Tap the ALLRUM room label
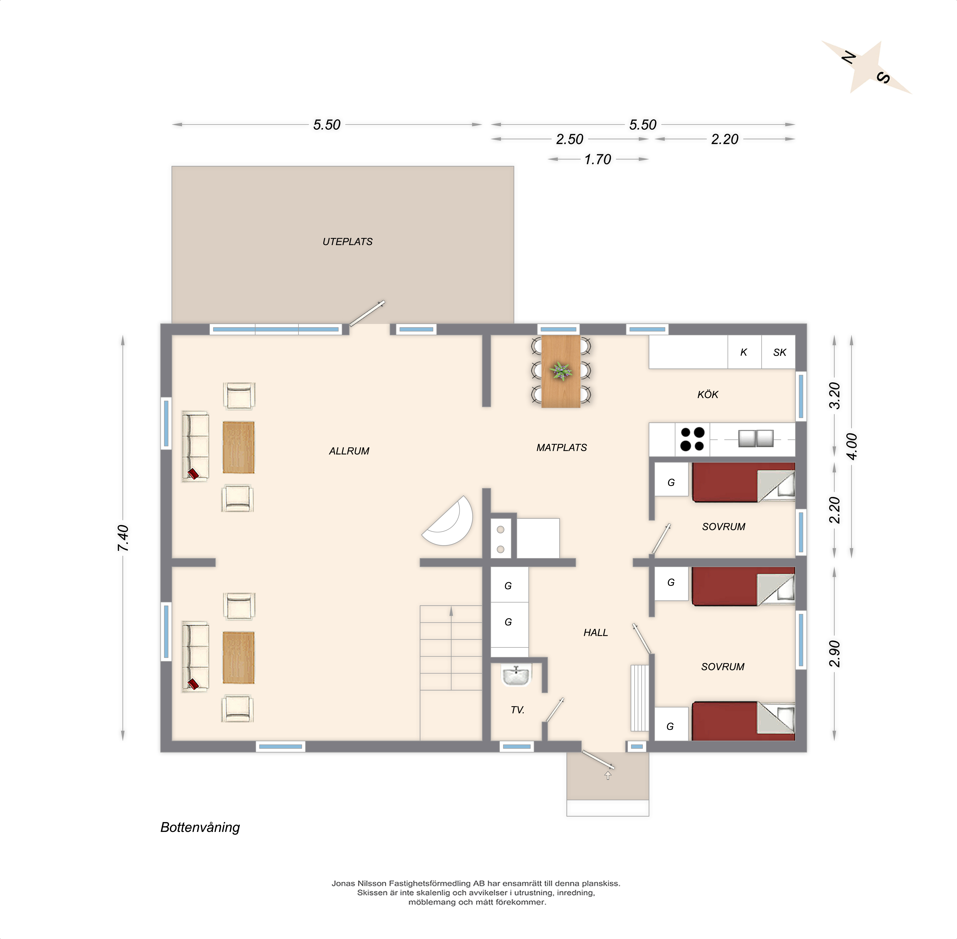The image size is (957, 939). tap(349, 451)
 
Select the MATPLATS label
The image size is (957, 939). tap(562, 447)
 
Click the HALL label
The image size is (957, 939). tap(596, 632)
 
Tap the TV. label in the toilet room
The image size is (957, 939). tap(517, 710)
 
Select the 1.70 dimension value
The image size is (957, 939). tap(598, 159)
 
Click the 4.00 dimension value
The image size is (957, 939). tap(852, 446)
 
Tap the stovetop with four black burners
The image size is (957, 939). tap(692, 439)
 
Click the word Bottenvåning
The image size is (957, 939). tap(200, 827)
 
